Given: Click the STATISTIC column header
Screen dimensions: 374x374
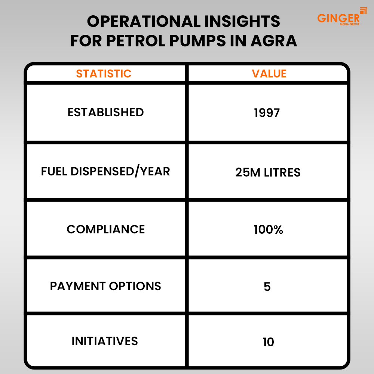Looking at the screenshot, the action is tap(104, 73).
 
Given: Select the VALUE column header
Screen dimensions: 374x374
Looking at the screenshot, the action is tap(269, 73).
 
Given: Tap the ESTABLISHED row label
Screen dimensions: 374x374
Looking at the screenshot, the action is tap(106, 112).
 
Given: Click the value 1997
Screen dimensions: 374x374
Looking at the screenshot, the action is tap(267, 113).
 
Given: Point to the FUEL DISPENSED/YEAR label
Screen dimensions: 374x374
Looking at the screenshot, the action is tap(105, 171).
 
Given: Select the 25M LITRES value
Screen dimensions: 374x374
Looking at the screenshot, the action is tap(268, 172).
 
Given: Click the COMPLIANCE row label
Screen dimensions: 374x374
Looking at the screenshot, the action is tap(106, 230).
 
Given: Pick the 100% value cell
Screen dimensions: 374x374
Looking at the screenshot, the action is tap(268, 230).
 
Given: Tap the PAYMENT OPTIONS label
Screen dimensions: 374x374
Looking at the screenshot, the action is tap(105, 286).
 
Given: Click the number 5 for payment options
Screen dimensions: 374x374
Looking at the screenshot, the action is tap(267, 287).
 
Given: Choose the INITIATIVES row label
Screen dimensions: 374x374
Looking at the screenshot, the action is tap(105, 341).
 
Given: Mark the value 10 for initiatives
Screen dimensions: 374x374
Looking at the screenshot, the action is tap(268, 342).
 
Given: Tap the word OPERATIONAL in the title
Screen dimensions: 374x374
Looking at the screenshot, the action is tap(144, 21).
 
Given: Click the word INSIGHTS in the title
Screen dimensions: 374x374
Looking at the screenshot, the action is tap(242, 21).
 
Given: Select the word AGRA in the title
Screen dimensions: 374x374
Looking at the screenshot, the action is tap(274, 41).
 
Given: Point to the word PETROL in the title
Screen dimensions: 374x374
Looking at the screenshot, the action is tap(136, 41).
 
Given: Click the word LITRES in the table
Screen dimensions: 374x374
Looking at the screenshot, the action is tap(282, 172).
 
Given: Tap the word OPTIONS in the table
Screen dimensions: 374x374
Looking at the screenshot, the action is tap(135, 286).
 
